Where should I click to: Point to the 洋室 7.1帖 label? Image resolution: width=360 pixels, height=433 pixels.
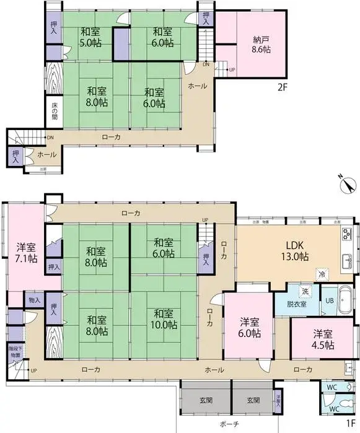coord(26,254)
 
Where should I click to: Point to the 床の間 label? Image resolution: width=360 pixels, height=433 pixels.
coord(54,112)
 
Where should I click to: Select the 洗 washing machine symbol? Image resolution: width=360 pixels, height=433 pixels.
coord(305,291)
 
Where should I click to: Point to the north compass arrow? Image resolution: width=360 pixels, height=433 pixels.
coord(349,184)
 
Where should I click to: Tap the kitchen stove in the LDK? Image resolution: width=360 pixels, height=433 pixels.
coord(346,234)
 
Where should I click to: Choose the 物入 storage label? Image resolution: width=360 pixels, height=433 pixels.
coord(34,300)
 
